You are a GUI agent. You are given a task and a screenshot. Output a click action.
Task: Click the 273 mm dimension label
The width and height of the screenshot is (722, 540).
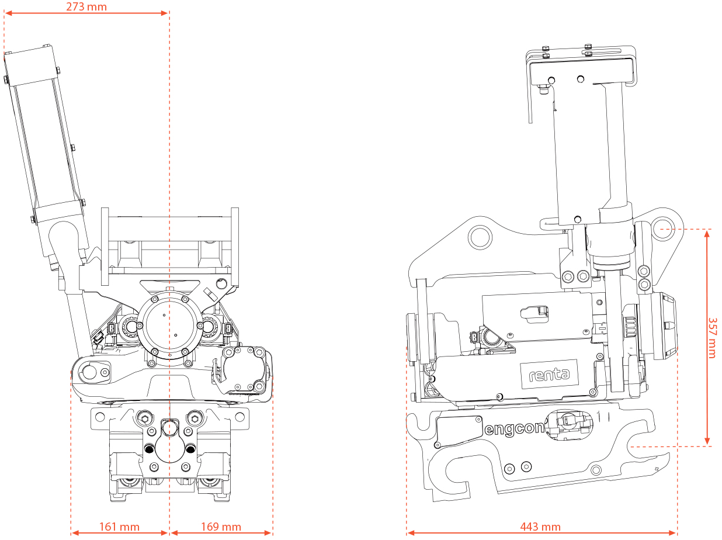click(86, 6)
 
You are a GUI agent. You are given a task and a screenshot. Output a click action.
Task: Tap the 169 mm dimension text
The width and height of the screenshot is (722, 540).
click(221, 527)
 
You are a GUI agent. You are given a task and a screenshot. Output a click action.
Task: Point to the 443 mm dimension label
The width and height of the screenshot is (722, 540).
click(540, 527)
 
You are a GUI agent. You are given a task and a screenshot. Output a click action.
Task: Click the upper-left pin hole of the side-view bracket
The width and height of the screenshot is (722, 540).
click(480, 236)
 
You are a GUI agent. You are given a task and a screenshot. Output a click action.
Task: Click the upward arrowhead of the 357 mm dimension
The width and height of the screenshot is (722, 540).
click(707, 234)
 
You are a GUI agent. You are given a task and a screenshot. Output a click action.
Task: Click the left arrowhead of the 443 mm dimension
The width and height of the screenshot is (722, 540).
click(411, 532)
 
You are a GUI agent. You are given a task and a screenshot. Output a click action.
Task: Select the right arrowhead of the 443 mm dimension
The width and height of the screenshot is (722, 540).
click(674, 532)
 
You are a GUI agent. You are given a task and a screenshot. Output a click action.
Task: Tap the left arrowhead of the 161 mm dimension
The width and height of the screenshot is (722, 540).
click(75, 532)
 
